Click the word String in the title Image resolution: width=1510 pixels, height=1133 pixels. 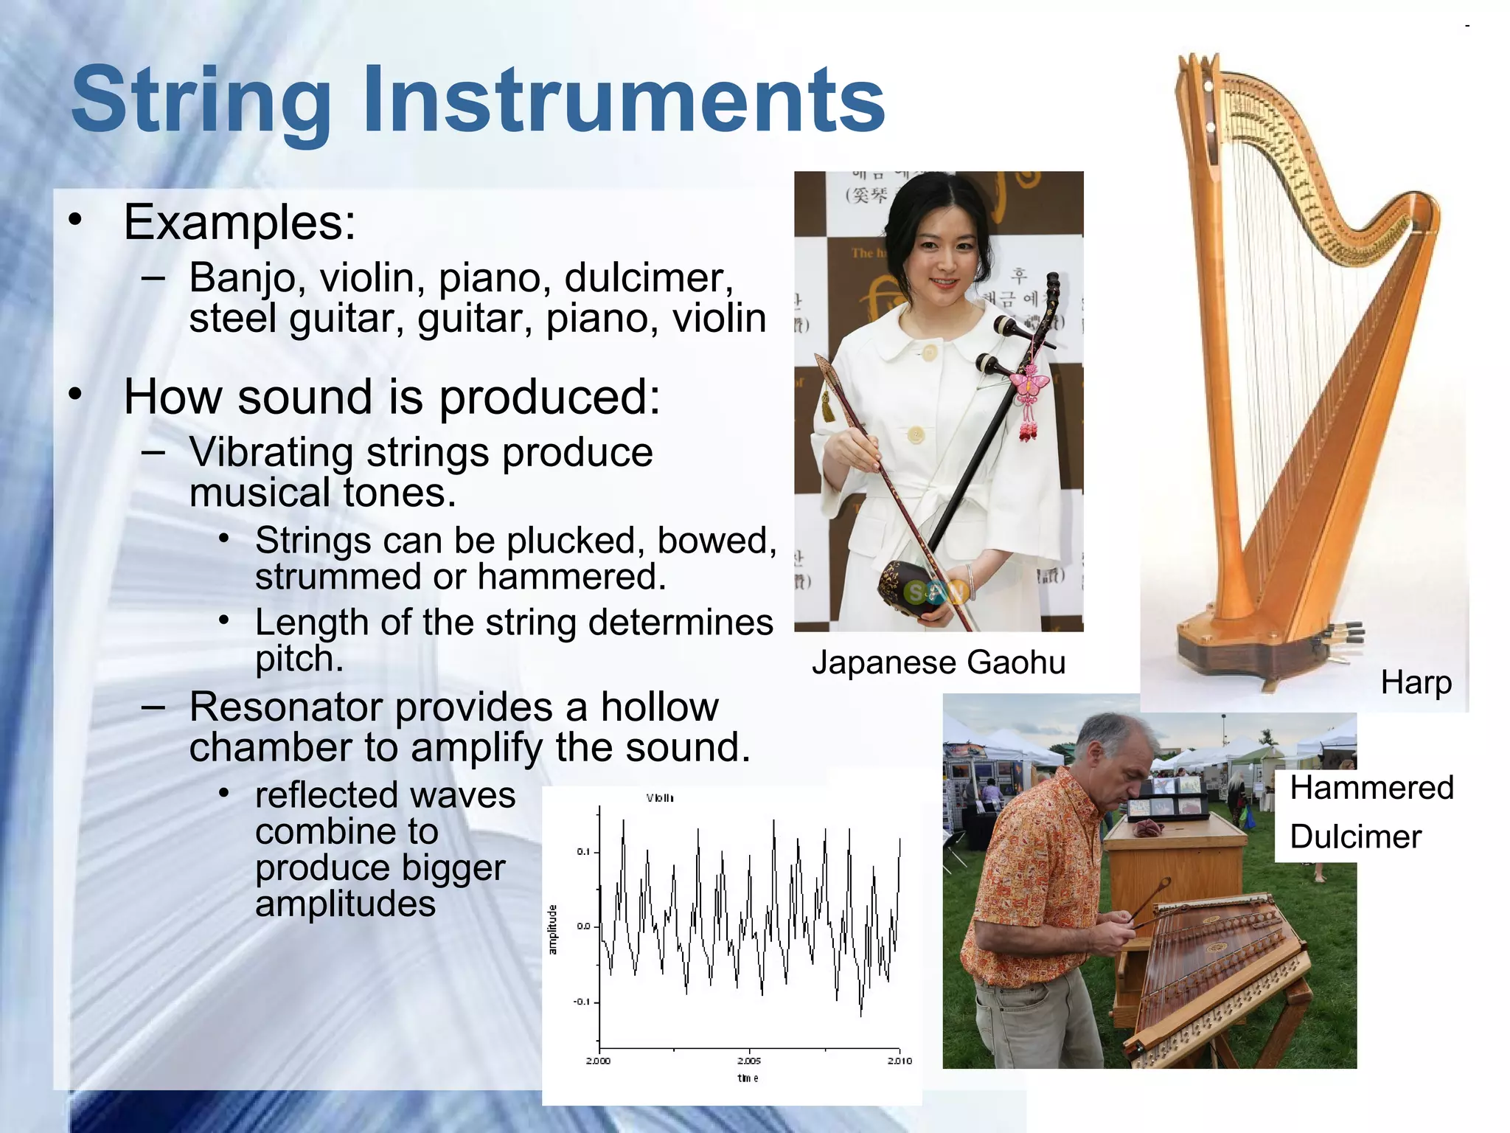[x=201, y=100]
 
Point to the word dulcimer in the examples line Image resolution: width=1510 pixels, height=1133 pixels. [x=648, y=279]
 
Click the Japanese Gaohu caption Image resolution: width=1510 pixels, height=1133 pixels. [x=939, y=662]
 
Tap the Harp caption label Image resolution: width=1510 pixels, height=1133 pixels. [x=1416, y=682]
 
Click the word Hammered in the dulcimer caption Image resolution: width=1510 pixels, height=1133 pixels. [x=1371, y=788]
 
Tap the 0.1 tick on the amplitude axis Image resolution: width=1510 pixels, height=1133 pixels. [x=583, y=852]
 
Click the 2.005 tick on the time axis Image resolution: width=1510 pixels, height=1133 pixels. [x=749, y=1061]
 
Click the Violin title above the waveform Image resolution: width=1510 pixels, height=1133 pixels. [x=660, y=798]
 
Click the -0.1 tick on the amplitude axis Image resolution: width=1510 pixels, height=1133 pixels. [x=582, y=1002]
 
